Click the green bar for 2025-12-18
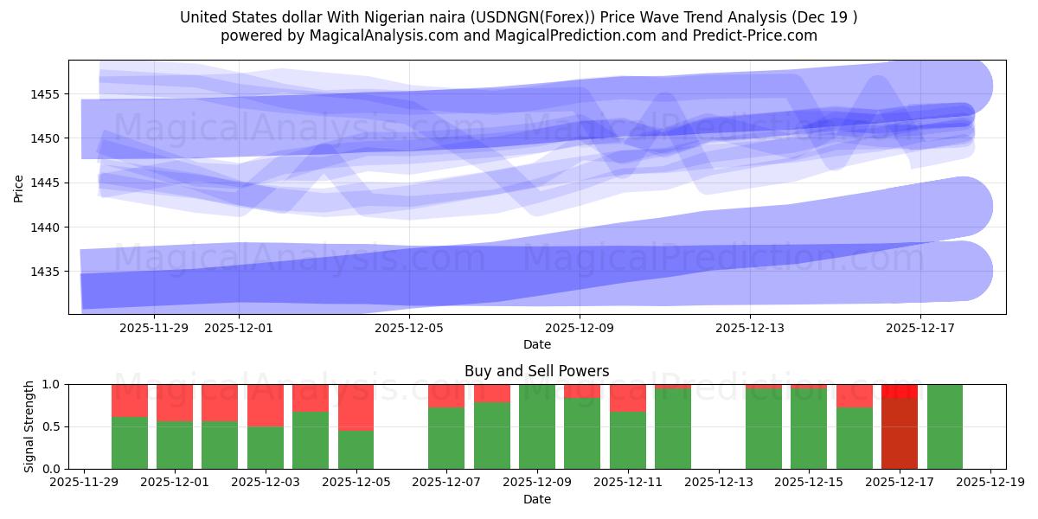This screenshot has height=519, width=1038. pos(945,426)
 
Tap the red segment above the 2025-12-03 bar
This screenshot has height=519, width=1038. pos(266,405)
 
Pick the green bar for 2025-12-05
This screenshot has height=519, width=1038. pos(356,449)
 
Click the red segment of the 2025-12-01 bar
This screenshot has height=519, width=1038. pos(175,402)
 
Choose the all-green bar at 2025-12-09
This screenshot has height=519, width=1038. pos(537,426)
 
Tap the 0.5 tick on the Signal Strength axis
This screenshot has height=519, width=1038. pos(53,426)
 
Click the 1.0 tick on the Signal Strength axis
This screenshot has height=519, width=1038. pos(53,384)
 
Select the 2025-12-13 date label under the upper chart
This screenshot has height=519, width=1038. pos(749,328)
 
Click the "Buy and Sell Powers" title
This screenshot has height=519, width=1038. pos(536,371)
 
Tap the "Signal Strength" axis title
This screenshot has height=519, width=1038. pos(29,426)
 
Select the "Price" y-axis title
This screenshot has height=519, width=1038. pos(19,188)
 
